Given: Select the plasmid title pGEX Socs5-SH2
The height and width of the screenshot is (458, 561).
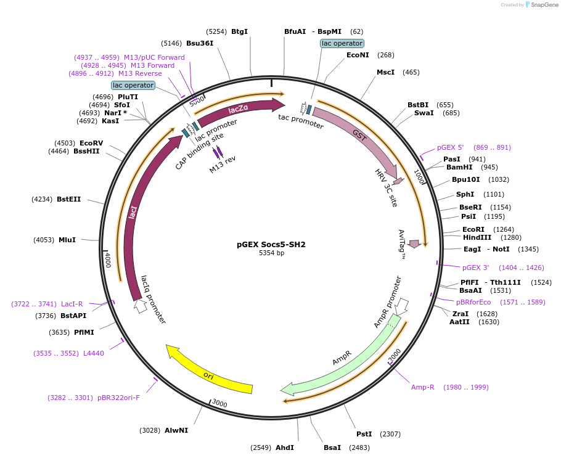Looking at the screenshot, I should click(x=271, y=244).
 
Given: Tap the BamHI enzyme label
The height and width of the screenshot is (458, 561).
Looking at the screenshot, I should click(x=459, y=167).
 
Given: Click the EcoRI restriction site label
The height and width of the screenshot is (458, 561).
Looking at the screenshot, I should click(x=473, y=229).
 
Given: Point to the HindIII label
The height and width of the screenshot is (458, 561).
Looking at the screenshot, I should click(x=477, y=237).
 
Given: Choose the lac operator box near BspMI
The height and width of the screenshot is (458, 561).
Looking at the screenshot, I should click(x=342, y=43).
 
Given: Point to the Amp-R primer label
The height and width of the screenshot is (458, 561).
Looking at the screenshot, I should click(x=422, y=387).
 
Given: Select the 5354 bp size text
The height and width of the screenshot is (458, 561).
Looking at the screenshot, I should click(x=271, y=253).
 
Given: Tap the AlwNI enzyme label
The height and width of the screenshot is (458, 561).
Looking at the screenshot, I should click(x=176, y=430).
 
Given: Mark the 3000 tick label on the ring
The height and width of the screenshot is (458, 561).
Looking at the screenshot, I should click(x=219, y=404).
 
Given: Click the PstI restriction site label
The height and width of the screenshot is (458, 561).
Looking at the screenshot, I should click(x=364, y=434).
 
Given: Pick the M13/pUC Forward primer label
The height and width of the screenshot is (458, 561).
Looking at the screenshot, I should click(x=154, y=57).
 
